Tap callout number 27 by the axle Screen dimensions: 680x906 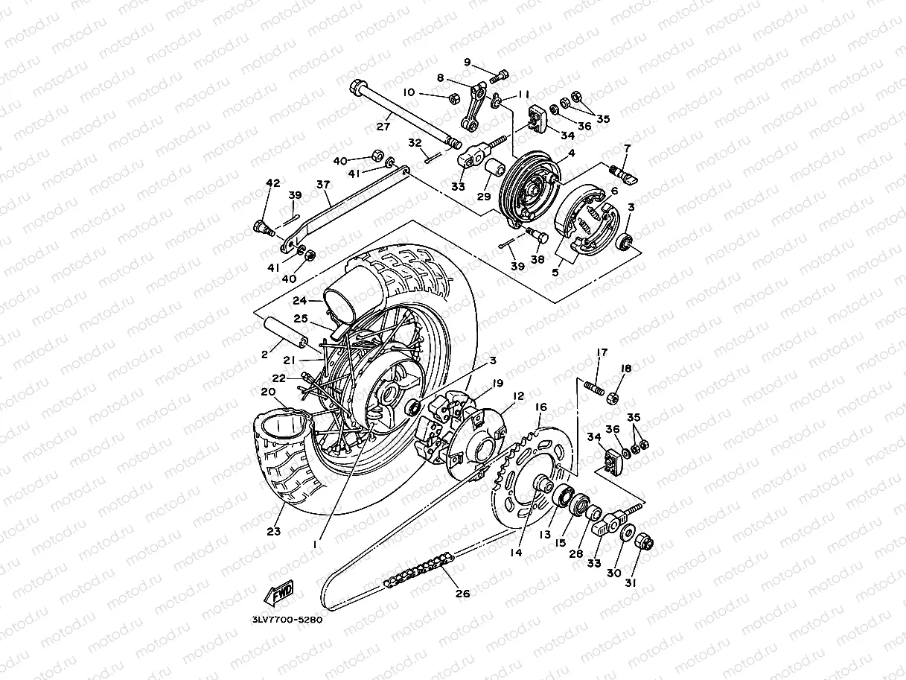pos(383,126)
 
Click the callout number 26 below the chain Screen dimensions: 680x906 pos(462,594)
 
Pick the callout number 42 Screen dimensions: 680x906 pos(272,183)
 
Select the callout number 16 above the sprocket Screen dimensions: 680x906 pos(540,407)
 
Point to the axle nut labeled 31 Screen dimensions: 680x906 pos(645,543)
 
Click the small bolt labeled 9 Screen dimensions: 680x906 pos(503,74)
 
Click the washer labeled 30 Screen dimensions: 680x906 pos(625,534)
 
